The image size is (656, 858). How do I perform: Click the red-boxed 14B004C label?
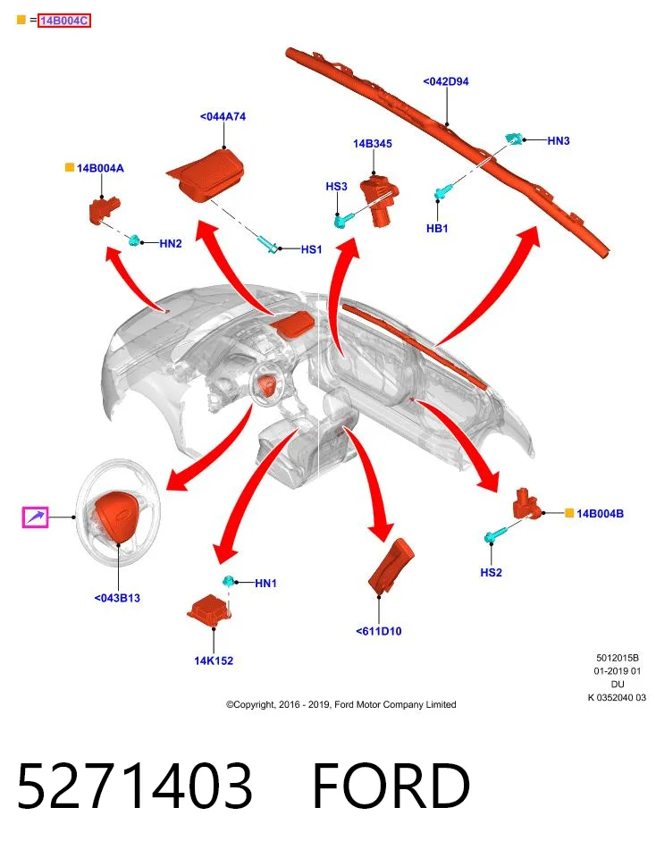pyautogui.click(x=64, y=21)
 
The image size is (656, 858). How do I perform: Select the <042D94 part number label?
pyautogui.click(x=445, y=81)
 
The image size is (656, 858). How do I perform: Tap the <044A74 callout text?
pyautogui.click(x=223, y=116)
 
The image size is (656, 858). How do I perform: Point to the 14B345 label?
pyautogui.click(x=373, y=144)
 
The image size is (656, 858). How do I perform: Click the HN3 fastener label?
pyautogui.click(x=559, y=140)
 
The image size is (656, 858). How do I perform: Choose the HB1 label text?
pyautogui.click(x=437, y=228)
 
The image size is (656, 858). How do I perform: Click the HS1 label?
pyautogui.click(x=311, y=249)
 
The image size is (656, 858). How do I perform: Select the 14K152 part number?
pyautogui.click(x=214, y=660)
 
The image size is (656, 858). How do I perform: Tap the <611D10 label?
pyautogui.click(x=379, y=631)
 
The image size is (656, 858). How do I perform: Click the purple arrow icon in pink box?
pyautogui.click(x=35, y=517)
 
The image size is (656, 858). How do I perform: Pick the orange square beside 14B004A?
pyautogui.click(x=70, y=167)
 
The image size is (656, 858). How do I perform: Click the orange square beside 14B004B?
pyautogui.click(x=569, y=513)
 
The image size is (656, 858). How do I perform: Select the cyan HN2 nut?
pyautogui.click(x=134, y=240)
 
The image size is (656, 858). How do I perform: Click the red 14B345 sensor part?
pyautogui.click(x=379, y=199)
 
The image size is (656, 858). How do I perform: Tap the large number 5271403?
pyautogui.click(x=135, y=786)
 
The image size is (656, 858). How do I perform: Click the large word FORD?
pyautogui.click(x=391, y=786)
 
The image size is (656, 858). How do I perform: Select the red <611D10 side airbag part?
pyautogui.click(x=391, y=567)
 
